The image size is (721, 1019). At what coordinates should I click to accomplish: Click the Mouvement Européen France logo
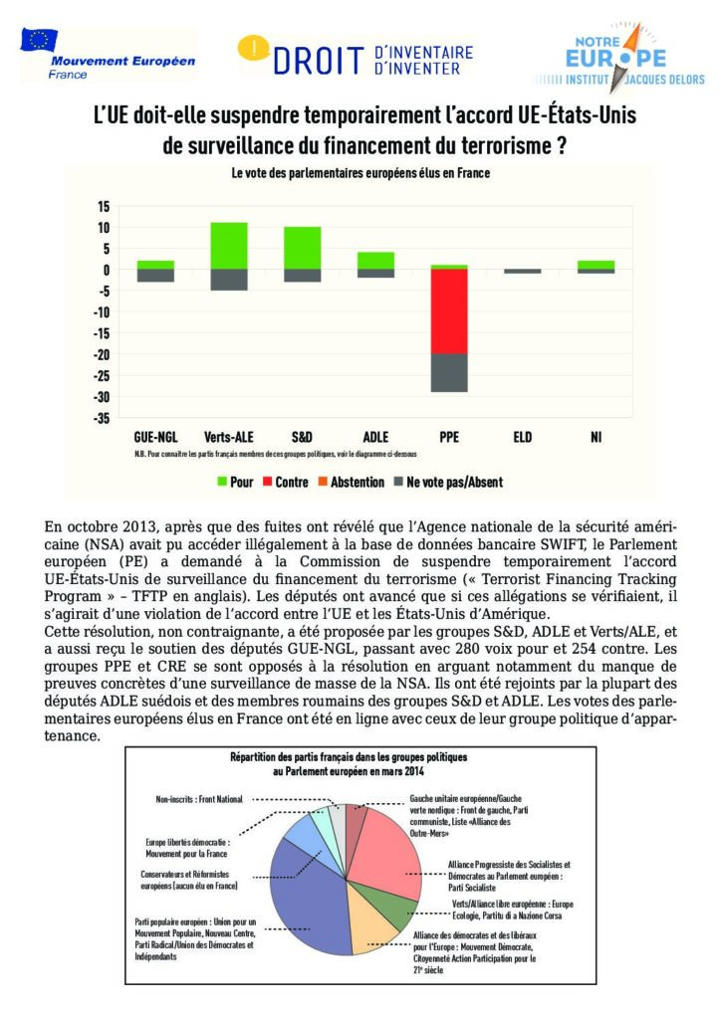tap(108, 57)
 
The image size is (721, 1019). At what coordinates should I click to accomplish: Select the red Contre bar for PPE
tap(449, 310)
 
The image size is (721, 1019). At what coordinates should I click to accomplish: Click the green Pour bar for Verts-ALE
tap(228, 245)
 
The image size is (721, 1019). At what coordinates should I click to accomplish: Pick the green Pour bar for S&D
tap(302, 248)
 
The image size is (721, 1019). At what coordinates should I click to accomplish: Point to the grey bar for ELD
tap(523, 271)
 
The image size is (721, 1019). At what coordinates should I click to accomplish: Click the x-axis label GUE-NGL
tap(155, 436)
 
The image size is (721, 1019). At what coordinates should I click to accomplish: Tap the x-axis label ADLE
tap(375, 436)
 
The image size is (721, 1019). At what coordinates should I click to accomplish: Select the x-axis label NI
tap(596, 436)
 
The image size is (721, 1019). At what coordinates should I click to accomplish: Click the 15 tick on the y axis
tap(104, 206)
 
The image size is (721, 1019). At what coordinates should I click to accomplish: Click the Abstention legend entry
tap(351, 483)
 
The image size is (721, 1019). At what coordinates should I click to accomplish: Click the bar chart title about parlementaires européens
tap(360, 173)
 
